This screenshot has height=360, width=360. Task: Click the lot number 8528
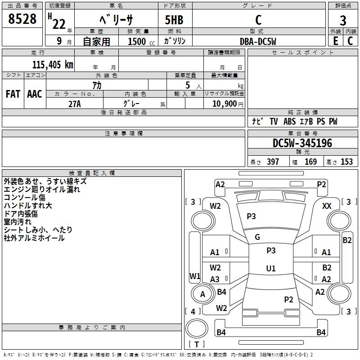tap(22, 19)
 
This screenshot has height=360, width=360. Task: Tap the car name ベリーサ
tap(116, 21)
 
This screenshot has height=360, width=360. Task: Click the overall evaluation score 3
tap(343, 21)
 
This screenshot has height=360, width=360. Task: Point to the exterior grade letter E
tap(335, 40)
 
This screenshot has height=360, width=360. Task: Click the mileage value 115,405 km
tap(52, 64)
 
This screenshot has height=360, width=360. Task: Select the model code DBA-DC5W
tap(258, 41)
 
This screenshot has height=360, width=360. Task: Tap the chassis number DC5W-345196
tap(302, 143)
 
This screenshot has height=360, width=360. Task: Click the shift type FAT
tap(13, 94)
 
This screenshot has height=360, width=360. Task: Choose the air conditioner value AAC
tap(35, 94)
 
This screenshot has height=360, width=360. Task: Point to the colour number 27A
tap(74, 103)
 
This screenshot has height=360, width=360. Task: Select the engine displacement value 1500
tap(137, 41)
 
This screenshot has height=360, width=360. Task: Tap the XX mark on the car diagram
tap(327, 206)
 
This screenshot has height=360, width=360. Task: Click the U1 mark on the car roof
tap(271, 268)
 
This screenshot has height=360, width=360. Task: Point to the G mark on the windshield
tap(257, 237)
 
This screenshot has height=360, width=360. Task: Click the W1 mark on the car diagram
tap(194, 275)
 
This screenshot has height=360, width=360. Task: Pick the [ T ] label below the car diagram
tap(197, 344)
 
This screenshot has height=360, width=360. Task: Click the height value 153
tap(346, 162)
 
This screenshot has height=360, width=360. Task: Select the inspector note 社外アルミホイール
tap(34, 238)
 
